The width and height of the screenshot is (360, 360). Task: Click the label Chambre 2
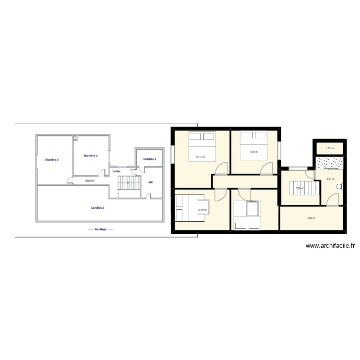[51, 159]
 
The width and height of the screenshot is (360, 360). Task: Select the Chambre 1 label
[90, 156]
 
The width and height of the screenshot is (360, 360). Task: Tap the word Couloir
[89, 181]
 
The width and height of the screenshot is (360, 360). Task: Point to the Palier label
[116, 171]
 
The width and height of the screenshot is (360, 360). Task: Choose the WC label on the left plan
[151, 182]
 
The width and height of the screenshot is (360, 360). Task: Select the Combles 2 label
[98, 207]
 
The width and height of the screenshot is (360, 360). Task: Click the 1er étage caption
[100, 229]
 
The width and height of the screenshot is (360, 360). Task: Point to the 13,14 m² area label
[200, 156]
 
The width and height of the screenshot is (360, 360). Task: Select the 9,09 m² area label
[254, 152]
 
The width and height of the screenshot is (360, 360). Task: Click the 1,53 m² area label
[329, 148]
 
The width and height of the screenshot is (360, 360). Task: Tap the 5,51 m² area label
[331, 180]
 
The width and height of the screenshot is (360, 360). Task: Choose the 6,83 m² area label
[312, 218]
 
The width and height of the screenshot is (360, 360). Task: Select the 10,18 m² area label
[202, 210]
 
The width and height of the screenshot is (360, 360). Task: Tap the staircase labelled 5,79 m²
[300, 189]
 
